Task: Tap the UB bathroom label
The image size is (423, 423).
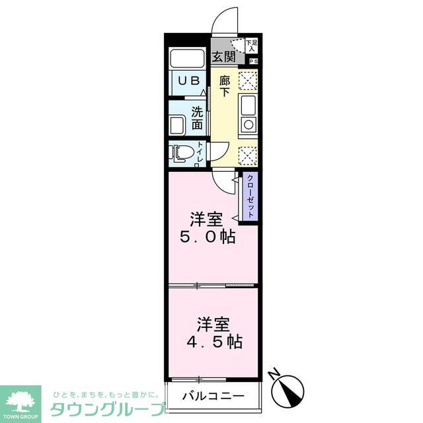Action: tap(189, 79)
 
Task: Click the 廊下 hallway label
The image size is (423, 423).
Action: tap(225, 86)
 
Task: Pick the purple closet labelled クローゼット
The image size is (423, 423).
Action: tap(250, 197)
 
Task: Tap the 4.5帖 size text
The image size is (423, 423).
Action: tap(212, 342)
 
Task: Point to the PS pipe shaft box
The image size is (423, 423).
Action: tap(253, 61)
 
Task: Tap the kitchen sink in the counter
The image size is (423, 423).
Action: tap(249, 104)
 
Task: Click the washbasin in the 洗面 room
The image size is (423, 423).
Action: tap(178, 124)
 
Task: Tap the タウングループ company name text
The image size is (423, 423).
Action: tap(106, 408)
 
